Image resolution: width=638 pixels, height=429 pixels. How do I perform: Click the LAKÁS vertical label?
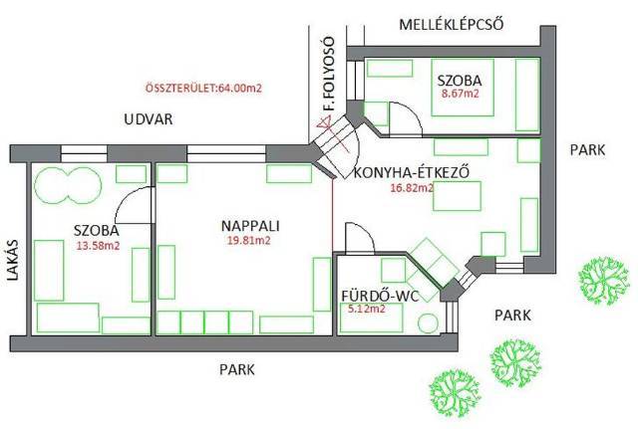[x=13, y=263]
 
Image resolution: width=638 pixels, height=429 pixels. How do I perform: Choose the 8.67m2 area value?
[x=460, y=95]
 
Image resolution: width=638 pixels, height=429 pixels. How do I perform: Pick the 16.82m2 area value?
[x=412, y=186]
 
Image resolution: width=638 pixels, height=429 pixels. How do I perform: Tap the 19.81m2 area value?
[x=248, y=240]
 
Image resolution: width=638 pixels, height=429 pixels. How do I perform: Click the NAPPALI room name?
[x=248, y=225]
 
